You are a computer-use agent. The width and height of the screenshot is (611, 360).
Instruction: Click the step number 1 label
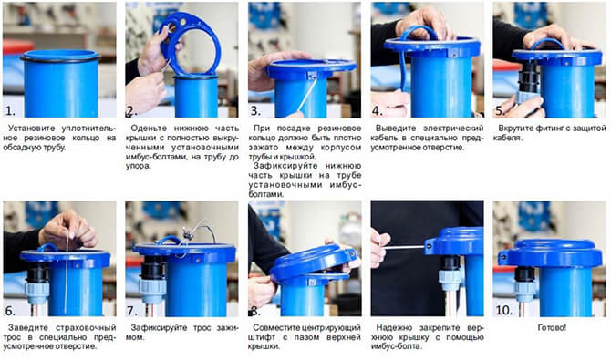click(x=10, y=111)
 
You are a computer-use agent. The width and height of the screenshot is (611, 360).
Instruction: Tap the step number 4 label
click(x=378, y=111)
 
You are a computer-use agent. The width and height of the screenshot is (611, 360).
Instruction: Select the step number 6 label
click(x=10, y=311)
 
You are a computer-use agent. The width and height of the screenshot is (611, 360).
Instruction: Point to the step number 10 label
click(x=503, y=310)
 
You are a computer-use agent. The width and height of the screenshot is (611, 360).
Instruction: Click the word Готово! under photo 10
click(x=552, y=328)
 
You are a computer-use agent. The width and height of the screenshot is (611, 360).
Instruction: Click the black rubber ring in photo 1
click(x=60, y=58)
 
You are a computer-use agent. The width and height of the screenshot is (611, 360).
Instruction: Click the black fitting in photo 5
click(x=528, y=77)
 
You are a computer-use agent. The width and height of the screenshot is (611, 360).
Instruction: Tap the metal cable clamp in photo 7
click(x=189, y=235)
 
